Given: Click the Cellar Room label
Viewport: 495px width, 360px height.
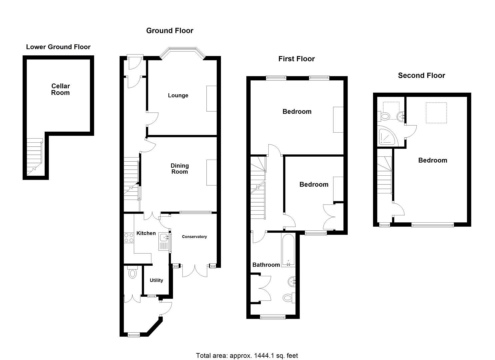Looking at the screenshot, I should [x=60, y=89].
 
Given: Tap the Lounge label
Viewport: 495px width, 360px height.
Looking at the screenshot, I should [x=178, y=95].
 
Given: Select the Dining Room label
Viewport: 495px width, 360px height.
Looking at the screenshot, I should [x=179, y=169].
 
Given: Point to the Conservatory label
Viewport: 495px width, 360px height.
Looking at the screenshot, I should [x=194, y=237].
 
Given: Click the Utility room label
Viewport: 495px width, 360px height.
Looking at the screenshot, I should [x=156, y=280].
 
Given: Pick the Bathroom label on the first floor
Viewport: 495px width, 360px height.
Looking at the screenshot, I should [x=266, y=265].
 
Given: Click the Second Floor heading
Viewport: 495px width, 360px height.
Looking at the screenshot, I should [x=421, y=75].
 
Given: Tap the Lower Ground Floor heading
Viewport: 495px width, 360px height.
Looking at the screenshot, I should [x=58, y=47].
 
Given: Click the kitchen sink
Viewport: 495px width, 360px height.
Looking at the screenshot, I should [x=164, y=238].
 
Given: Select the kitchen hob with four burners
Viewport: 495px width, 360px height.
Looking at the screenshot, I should [x=129, y=237].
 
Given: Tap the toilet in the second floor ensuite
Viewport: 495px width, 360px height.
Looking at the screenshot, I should [x=385, y=116].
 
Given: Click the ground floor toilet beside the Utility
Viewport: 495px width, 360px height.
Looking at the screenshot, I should [x=133, y=273].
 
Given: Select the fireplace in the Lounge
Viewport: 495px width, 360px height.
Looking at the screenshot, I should [x=211, y=99].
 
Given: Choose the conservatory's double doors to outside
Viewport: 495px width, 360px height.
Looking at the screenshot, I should [x=192, y=270].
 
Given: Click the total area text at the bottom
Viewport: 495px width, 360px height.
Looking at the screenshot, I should [x=247, y=355].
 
